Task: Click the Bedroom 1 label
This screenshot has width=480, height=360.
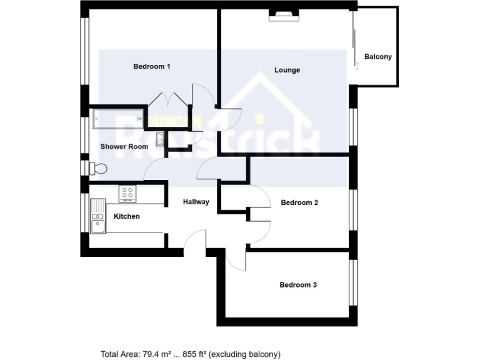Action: coord(152,66)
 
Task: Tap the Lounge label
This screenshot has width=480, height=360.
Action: coord(287,70)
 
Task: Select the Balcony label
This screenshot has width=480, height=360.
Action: coord(378,57)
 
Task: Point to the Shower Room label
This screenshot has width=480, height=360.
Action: coord(124,147)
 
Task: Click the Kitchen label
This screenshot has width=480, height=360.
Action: coord(126,217)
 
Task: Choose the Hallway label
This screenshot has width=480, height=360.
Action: coord(196,202)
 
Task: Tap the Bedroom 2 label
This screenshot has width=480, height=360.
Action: coord(300,202)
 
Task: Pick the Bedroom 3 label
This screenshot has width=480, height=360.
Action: coord(298,285)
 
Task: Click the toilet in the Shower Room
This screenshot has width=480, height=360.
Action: coord(97,168)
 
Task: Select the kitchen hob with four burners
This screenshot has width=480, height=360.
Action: coord(128,194)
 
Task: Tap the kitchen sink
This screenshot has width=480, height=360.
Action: coord(98,216)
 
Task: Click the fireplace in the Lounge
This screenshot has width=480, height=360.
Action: coord(284,16)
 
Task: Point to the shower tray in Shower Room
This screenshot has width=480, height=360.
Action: coord(118,119)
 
